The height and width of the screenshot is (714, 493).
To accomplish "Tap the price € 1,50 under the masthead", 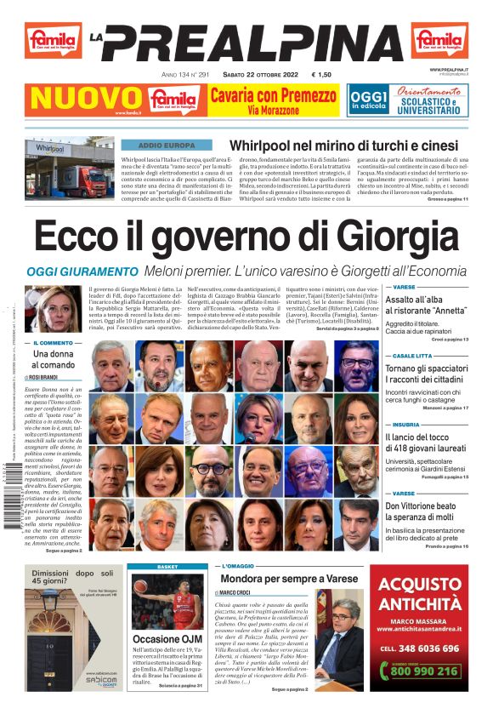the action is (326, 75).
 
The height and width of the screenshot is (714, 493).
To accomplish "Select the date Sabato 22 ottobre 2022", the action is (253, 75).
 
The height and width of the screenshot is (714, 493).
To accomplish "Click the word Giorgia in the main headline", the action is (392, 236).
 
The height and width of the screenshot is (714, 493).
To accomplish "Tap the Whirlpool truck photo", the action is (69, 169).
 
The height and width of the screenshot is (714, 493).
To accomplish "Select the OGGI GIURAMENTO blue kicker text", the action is (82, 271).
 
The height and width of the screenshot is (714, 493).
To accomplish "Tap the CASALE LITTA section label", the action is (411, 356).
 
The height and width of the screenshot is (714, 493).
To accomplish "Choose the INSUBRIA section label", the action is (405, 424).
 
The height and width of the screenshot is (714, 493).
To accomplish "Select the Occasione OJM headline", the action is (167, 639).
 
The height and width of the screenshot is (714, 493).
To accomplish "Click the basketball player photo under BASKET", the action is (167, 601).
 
